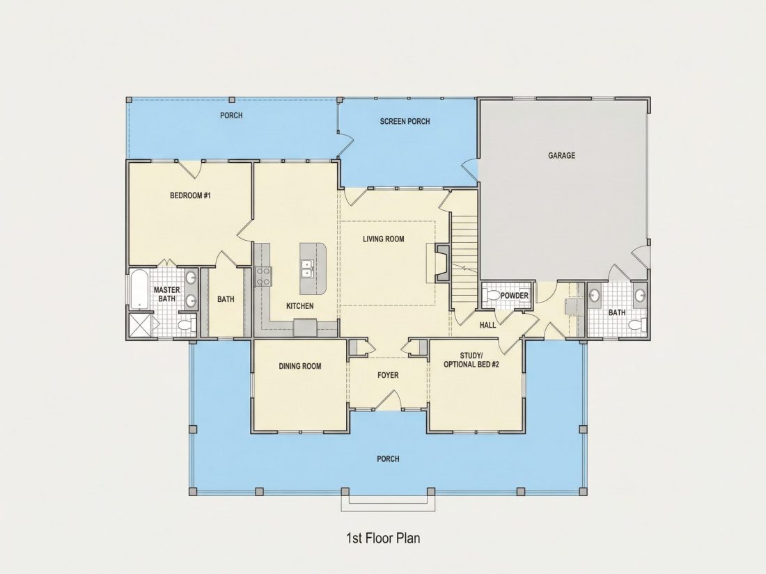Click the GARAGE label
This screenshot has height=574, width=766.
561,156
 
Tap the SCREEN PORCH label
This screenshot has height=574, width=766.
405,122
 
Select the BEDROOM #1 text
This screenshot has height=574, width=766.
190,196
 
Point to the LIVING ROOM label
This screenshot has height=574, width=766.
384,239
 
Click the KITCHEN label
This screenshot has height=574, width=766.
300,306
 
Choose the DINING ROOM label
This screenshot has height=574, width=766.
300,366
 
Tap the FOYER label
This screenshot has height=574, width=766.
388,375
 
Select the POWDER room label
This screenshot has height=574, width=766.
515,296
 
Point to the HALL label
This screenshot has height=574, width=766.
487,325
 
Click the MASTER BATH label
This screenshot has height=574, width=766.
167,294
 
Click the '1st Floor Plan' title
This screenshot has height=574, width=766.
383,539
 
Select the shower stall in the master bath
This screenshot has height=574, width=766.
140,325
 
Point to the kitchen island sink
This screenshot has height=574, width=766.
307,268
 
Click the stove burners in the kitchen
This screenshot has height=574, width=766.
264,276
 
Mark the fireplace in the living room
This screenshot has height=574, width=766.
441,264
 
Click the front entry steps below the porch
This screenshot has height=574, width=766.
389,503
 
